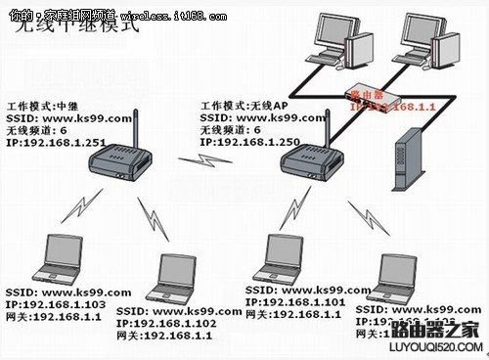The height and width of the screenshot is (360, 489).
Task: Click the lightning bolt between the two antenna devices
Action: point(208,159)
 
